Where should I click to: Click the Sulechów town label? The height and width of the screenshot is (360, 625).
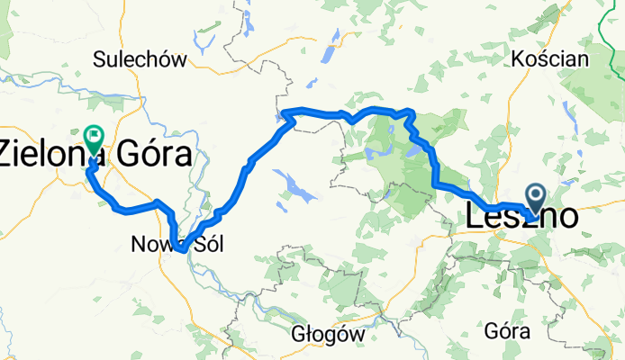pyautogui.click(x=140, y=60)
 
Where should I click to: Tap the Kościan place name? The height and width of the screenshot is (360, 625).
pyautogui.click(x=549, y=59)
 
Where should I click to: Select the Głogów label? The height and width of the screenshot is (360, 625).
pyautogui.click(x=329, y=333)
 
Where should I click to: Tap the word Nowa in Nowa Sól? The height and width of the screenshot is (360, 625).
pyautogui.click(x=150, y=244)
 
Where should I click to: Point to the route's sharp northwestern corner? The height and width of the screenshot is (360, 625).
pyautogui.click(x=285, y=112)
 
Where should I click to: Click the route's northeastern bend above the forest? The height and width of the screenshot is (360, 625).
pyautogui.click(x=411, y=112)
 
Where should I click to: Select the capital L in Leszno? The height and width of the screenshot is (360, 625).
pyautogui.click(x=475, y=217)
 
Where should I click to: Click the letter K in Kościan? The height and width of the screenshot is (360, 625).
pyautogui.click(x=517, y=59)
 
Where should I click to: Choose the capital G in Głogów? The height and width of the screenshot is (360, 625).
pyautogui.click(x=299, y=333)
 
